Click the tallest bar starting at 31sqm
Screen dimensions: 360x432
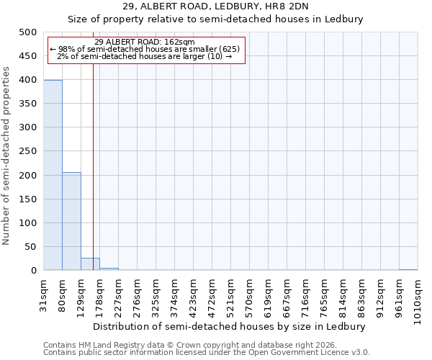tap(53, 175)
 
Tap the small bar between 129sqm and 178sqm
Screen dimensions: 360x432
tap(90, 264)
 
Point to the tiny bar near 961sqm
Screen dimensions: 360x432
tap(408, 269)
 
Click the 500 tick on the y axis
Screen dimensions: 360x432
tap(28, 32)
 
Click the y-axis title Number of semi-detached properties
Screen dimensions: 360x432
tap(7, 156)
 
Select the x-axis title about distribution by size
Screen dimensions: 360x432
tap(230, 326)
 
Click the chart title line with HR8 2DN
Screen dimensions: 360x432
tap(215, 6)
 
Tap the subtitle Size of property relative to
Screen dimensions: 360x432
tap(215, 19)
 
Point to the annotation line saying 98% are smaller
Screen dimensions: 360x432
tap(144, 49)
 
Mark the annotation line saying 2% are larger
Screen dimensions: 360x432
tap(144, 56)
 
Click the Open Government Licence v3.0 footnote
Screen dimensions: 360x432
tap(207, 353)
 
